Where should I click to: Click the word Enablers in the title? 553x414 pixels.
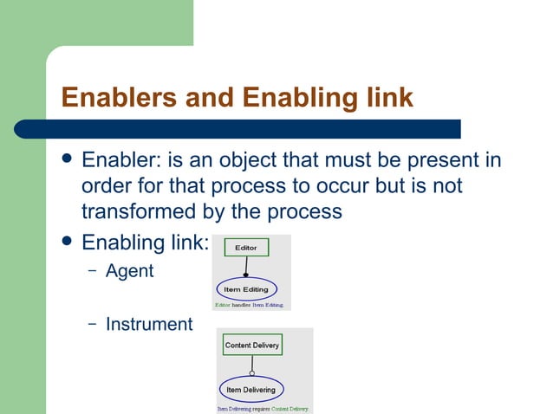click(x=115, y=97)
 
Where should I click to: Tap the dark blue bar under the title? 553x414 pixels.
click(x=260, y=129)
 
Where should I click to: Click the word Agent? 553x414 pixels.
click(x=129, y=271)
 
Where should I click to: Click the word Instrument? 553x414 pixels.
click(x=148, y=324)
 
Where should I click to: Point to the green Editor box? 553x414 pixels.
click(x=246, y=248)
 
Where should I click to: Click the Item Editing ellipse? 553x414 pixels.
click(x=245, y=289)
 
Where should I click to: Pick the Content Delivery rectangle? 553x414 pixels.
click(x=252, y=345)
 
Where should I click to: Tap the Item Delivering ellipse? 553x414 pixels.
click(x=251, y=390)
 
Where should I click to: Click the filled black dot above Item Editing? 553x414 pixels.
click(x=246, y=275)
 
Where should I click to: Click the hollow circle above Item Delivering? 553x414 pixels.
click(x=252, y=373)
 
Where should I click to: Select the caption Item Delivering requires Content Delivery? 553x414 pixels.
click(x=263, y=408)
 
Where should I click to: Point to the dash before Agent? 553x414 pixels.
click(x=92, y=271)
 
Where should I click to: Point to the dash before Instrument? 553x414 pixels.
click(x=92, y=324)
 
